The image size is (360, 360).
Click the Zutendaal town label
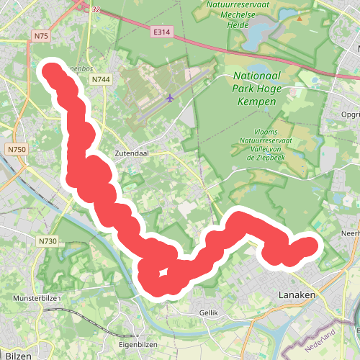tap(130, 153)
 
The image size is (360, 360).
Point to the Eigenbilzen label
tap(135, 344)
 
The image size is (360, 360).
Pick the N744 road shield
tap(101, 78)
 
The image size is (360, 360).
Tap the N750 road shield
tap(16, 149)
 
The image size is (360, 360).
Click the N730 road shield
tap(47, 241)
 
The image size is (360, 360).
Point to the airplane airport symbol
tap(170, 98)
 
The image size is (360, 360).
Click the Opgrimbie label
tap(351, 114)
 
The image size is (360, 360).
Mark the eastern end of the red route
tap(310, 246)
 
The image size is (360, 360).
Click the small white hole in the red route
tap(164, 272)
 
